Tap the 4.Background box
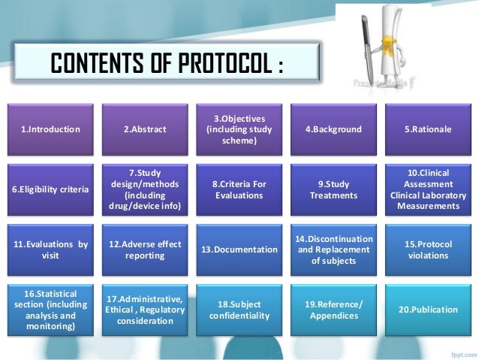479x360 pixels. pos(333,130)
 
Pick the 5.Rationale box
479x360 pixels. pos(427,130)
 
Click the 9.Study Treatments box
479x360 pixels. pos(333,190)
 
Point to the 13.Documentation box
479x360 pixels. pos(239,249)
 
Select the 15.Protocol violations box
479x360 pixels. pos(427,249)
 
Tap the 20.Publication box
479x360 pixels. pos(427,309)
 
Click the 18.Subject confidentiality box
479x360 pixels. pos(239,309)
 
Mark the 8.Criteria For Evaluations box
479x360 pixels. pos(239,190)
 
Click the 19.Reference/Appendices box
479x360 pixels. pos(333,309)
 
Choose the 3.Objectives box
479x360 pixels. pos(239,130)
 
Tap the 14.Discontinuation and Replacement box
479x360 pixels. pos(333,249)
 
